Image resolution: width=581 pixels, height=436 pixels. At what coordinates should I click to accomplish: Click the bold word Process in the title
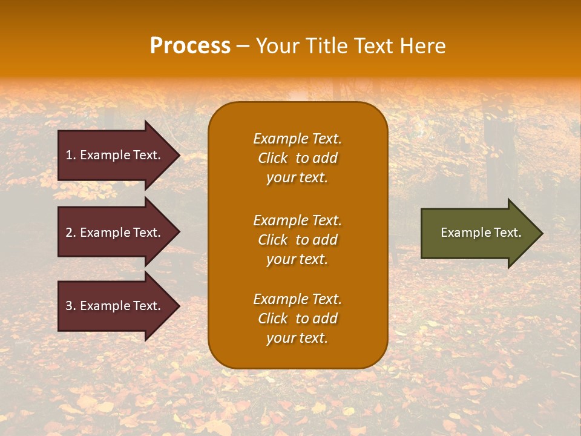click(190, 46)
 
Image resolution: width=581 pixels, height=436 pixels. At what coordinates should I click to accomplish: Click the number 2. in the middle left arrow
click(71, 233)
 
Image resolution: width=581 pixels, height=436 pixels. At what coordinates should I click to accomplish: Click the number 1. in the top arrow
click(71, 155)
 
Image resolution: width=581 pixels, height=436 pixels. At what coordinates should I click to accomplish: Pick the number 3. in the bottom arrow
click(71, 306)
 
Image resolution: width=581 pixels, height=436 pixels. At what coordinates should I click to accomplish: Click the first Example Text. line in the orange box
click(297, 139)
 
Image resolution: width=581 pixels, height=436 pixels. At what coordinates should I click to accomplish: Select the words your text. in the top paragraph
click(297, 178)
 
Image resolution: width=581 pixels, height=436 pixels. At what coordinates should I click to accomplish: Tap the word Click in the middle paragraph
click(273, 240)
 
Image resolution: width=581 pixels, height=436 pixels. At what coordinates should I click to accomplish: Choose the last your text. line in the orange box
click(297, 339)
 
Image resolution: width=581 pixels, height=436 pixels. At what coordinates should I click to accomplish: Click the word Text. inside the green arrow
click(507, 233)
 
